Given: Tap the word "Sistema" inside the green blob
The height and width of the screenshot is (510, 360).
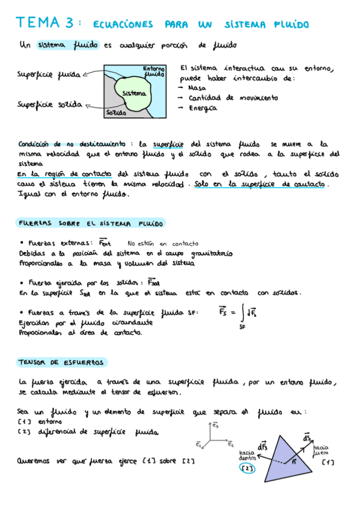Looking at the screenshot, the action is (x=133, y=93).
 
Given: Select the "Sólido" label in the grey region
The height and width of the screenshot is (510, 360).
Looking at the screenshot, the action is (x=115, y=112).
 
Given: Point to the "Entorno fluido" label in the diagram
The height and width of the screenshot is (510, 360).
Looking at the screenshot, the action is (x=154, y=72).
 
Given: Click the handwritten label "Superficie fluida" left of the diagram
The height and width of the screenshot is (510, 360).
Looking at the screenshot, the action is (x=49, y=75).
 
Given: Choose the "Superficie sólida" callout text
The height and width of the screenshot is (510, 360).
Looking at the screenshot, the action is (x=50, y=104).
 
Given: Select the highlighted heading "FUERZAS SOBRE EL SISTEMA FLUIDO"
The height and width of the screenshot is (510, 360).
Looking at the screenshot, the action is (x=91, y=223).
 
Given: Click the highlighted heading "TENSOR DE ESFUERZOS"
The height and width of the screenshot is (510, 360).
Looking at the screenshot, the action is (x=61, y=362).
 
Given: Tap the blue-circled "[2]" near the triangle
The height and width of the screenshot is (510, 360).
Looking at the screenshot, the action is (x=247, y=468).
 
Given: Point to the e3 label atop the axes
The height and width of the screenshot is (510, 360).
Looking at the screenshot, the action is (x=215, y=425).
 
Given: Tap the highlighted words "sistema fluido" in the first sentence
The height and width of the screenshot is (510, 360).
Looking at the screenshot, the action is (x=67, y=45).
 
